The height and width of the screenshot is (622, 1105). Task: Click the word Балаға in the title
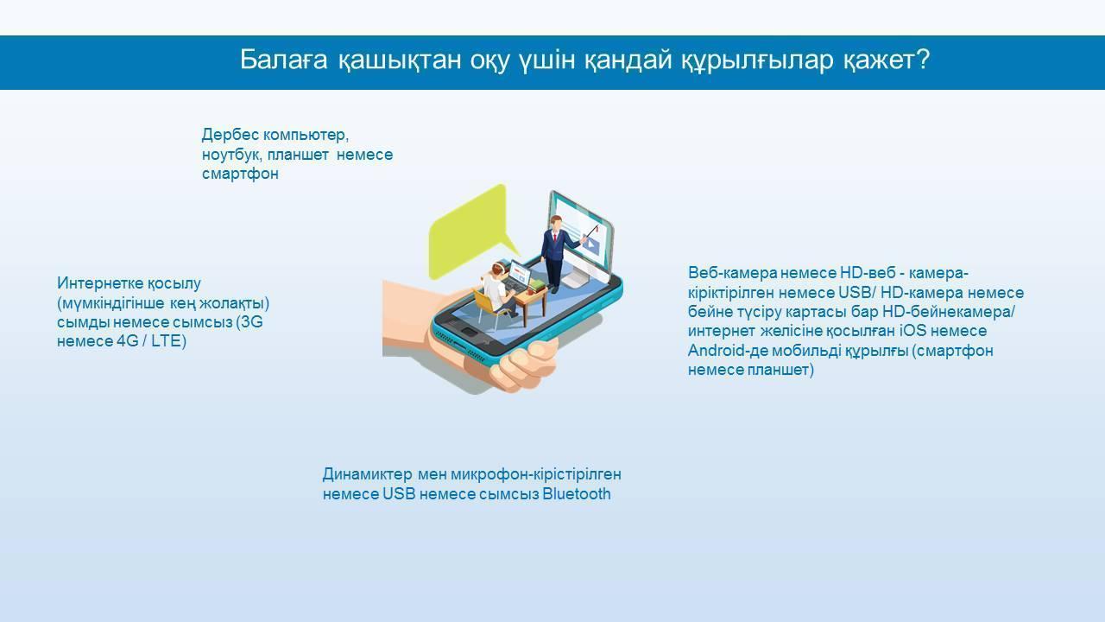[284, 60]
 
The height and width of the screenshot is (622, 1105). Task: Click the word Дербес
[230, 134]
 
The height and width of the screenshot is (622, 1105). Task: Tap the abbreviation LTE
[167, 341]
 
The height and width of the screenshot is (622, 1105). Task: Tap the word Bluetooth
[576, 493]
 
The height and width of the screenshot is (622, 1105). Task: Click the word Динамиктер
[367, 474]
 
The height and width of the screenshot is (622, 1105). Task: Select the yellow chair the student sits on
[489, 307]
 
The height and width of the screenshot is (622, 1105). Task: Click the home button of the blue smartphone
[468, 333]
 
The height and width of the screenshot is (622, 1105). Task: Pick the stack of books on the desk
[537, 285]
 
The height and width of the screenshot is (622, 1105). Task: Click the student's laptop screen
[519, 272]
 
